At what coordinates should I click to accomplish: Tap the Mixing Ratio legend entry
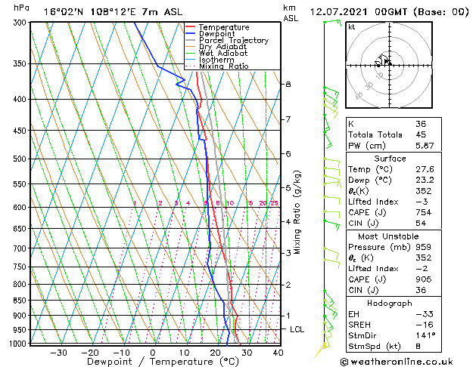[224, 66]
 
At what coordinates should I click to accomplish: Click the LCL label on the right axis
[297, 330]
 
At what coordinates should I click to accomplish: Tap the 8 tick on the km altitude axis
[288, 84]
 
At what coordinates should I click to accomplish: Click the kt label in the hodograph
[352, 27]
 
